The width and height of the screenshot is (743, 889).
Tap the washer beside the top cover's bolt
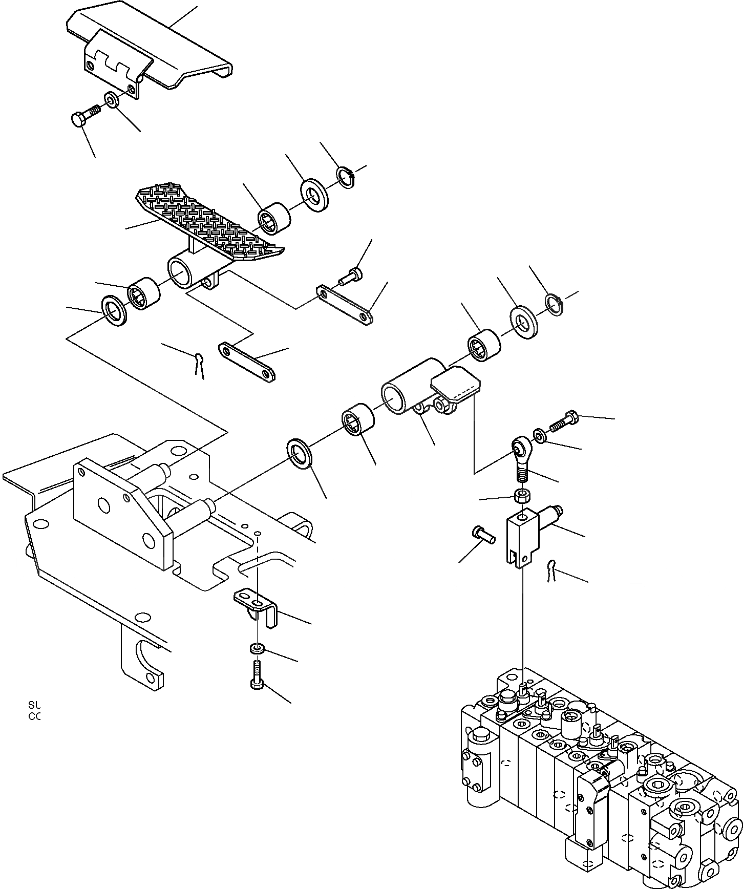coord(111,99)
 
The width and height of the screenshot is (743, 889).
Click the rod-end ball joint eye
coord(520,447)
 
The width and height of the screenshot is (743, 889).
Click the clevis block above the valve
coord(522,538)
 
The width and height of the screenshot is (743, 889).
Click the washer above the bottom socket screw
coord(258,649)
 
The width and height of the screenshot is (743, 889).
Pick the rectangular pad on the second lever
coord(456,384)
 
